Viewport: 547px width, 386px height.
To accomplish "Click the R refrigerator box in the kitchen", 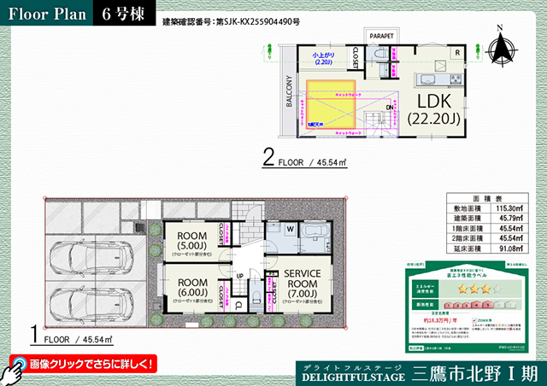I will (x=458, y=53).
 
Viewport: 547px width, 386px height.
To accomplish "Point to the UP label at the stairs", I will (x=240, y=275).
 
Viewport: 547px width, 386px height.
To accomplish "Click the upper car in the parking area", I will (x=92, y=254).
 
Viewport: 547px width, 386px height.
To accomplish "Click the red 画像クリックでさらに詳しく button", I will (x=84, y=364).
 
